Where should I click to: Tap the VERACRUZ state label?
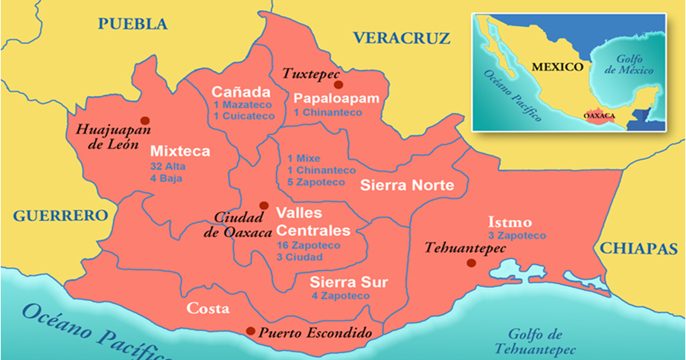click(x=402, y=38)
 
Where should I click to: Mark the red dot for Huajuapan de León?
click(x=144, y=120)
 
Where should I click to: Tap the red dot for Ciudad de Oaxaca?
click(x=263, y=205)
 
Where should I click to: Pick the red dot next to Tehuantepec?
click(x=470, y=263)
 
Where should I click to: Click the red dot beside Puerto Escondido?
click(x=251, y=331)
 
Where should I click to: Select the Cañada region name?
click(x=240, y=91)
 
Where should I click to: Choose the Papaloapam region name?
click(x=336, y=98)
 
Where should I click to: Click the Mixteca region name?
click(x=179, y=151)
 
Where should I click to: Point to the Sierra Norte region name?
click(x=406, y=186)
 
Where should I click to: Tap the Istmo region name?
click(x=510, y=222)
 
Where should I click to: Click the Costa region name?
click(x=208, y=308)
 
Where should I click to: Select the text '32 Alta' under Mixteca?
click(x=167, y=167)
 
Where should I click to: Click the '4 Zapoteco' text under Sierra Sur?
click(x=340, y=295)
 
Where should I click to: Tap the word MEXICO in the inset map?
click(x=557, y=66)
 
